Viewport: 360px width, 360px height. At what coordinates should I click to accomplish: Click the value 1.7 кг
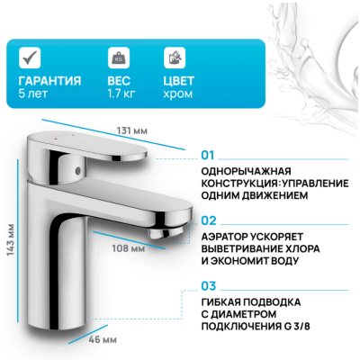[x=122, y=94]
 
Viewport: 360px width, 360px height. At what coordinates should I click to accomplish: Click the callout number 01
[x=209, y=154]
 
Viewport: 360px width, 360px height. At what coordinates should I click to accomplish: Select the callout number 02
[x=209, y=219]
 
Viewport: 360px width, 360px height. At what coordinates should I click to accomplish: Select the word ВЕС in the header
[x=118, y=80]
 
